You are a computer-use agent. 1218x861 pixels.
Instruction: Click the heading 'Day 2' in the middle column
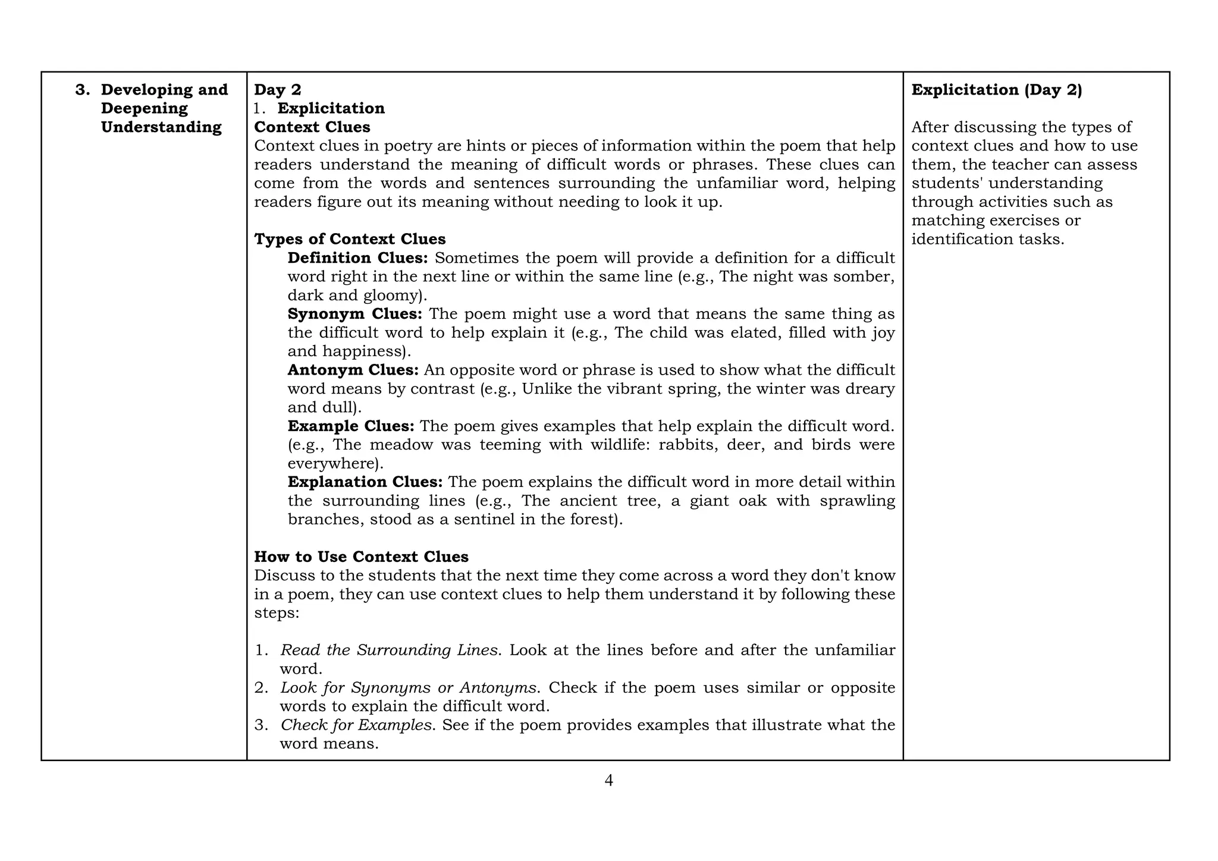pos(278,90)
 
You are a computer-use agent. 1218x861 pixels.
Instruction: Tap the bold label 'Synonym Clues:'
pos(354,314)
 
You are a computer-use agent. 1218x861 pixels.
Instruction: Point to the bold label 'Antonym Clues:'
pos(353,370)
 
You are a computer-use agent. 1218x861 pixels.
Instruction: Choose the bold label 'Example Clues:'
pos(351,426)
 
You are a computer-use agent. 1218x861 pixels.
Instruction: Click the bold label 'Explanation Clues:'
pos(365,482)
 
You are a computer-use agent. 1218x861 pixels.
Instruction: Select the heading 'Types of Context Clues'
pos(350,239)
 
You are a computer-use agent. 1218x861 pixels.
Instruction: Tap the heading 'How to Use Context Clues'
pos(361,557)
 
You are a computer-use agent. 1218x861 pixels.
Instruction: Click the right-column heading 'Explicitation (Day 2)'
pos(997,90)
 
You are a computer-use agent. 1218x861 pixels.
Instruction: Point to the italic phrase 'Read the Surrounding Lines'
pos(389,651)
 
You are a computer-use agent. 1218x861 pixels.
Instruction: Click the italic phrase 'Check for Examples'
pos(356,725)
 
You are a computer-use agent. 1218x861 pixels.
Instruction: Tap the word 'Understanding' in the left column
pos(161,127)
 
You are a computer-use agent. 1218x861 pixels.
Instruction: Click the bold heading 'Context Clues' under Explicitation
pos(312,127)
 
